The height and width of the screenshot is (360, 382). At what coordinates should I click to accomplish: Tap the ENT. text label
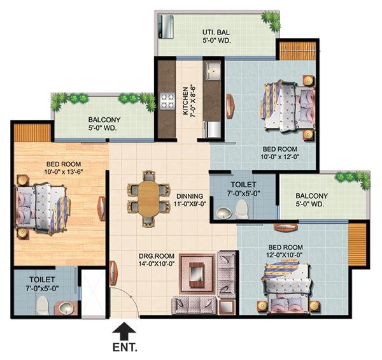(x=123, y=349)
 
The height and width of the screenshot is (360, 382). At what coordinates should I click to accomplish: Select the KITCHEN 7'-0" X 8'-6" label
(x=190, y=99)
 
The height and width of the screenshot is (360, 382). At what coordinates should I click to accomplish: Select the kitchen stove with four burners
(x=167, y=101)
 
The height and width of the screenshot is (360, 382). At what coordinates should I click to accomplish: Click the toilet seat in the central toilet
(x=241, y=208)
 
